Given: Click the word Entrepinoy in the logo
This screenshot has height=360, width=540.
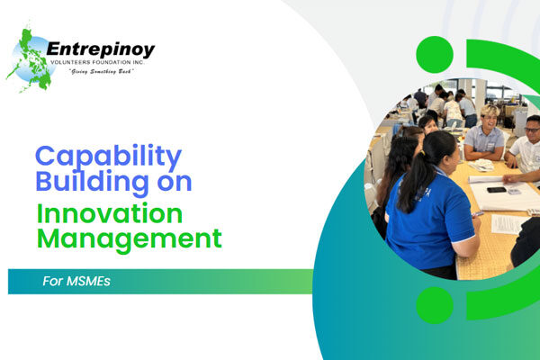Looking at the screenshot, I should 100,49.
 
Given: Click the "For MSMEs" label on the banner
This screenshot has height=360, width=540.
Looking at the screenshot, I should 76,281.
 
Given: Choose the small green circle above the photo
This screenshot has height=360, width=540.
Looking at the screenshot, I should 435,55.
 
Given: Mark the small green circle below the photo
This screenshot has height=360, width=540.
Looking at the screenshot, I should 435,305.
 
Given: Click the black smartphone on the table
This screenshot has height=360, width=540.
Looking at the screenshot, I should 496,190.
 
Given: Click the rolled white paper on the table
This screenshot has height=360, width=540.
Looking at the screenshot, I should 486,179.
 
